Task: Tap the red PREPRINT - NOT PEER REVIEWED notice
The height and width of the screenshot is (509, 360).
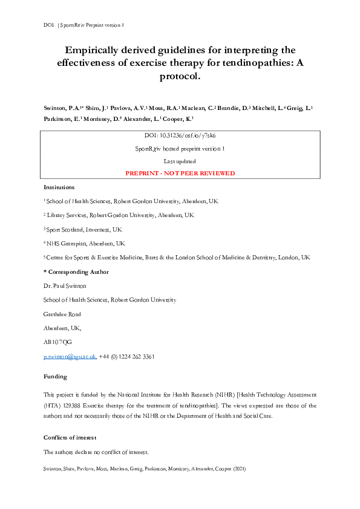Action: click(x=180, y=173)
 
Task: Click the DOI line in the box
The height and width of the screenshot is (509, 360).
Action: click(x=180, y=136)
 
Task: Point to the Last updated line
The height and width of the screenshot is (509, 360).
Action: click(x=180, y=161)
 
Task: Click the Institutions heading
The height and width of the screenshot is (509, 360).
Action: click(x=59, y=187)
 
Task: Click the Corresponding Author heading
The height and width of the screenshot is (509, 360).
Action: click(x=76, y=272)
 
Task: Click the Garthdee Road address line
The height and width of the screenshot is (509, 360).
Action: click(x=62, y=314)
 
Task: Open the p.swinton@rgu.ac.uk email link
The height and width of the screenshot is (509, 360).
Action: click(x=70, y=357)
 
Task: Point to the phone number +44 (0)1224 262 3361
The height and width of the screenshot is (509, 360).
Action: click(x=126, y=357)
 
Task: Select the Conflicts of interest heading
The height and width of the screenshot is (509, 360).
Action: click(x=70, y=437)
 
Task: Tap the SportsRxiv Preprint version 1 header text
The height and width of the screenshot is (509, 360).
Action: click(x=92, y=25)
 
